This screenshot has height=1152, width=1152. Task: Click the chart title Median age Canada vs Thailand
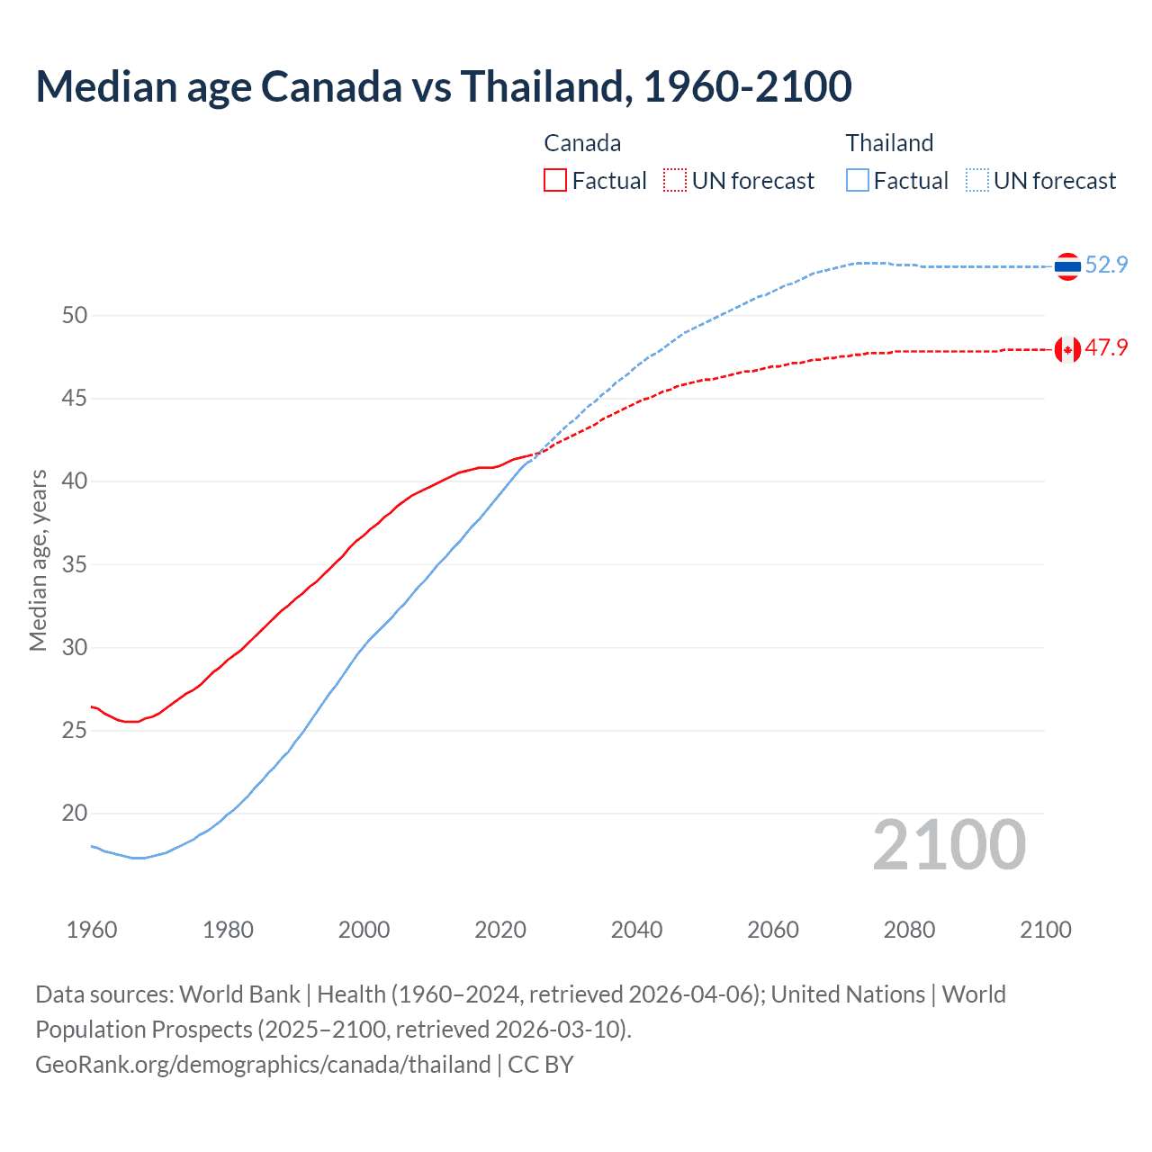443,86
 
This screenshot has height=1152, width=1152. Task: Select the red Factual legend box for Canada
555,180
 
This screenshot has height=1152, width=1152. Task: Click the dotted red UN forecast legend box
675,180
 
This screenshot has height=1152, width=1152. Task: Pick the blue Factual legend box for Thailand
858,180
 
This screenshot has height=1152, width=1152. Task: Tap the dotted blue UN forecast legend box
977,180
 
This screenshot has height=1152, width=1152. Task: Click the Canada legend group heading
582,143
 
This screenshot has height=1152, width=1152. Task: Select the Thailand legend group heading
889,143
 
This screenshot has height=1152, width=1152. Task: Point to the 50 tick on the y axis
75,315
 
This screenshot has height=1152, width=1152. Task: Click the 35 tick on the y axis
75,564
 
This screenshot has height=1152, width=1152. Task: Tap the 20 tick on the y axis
75,813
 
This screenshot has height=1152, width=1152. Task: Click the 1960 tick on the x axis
92,930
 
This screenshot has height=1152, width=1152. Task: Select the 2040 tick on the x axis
636,930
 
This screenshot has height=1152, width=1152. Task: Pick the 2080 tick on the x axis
909,930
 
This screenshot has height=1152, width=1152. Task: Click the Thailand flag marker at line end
1067,266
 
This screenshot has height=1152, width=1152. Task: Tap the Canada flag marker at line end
1067,349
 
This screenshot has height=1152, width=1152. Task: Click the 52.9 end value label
1106,265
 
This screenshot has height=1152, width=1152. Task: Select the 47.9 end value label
1106,347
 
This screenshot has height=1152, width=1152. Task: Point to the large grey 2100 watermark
949,845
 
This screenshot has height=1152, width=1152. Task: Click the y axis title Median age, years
38,560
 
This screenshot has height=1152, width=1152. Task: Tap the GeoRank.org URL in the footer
263,1065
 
